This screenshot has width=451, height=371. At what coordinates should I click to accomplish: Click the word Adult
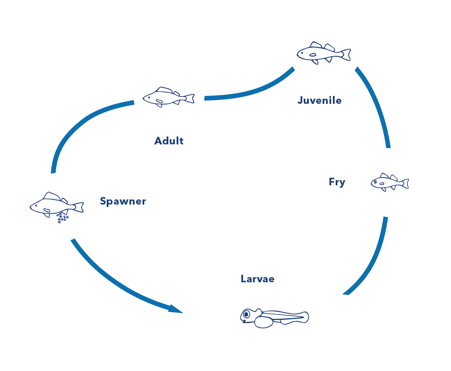tap(169, 141)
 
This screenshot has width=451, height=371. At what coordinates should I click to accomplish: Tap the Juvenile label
tap(319, 100)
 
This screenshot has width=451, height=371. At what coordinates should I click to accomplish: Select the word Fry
tap(337, 182)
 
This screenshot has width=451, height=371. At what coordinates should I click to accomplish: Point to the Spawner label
tap(123, 201)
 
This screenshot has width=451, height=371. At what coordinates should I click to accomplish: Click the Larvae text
tap(258, 279)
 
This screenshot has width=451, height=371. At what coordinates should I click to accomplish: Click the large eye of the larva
tap(246, 314)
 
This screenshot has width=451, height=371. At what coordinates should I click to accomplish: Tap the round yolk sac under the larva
tap(264, 322)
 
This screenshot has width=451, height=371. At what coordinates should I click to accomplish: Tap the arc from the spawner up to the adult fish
tap(76, 127)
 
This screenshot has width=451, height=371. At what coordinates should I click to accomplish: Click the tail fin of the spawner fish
tap(80, 207)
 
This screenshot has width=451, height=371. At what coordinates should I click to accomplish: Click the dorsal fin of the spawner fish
tap(52, 196)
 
